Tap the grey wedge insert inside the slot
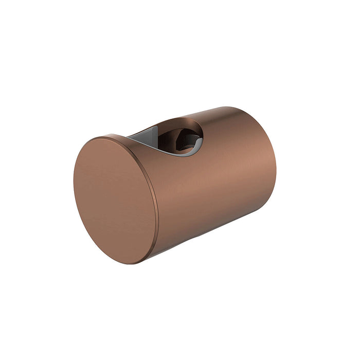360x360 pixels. [x=147, y=136]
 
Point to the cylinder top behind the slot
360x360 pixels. [x=226, y=121]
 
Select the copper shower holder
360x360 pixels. [x=175, y=185]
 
